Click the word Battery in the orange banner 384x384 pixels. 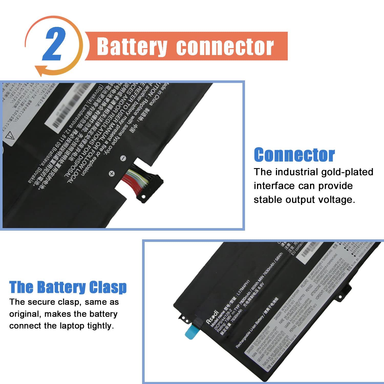click(132, 47)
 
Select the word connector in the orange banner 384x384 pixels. click(225, 47)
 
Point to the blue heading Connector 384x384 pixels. click(294, 155)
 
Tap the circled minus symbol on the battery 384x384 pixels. click(123, 158)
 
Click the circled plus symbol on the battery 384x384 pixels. click(112, 174)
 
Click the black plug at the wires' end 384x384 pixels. click(151, 187)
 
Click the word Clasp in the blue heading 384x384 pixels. click(108, 287)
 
